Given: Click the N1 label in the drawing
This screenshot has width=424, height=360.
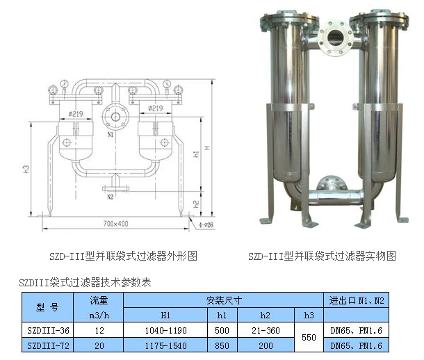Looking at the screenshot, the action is click(x=111, y=134).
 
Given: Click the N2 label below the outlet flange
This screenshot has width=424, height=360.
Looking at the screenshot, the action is click(x=110, y=197).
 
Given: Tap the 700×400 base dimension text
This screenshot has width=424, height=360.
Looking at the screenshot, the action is click(x=116, y=224).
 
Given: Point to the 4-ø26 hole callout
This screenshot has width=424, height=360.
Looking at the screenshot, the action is click(x=206, y=224).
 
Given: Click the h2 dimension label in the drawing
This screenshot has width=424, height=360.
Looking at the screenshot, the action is click(x=197, y=204).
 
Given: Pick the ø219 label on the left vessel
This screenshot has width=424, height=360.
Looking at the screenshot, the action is click(x=76, y=114).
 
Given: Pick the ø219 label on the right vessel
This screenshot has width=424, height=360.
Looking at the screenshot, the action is click(x=156, y=108).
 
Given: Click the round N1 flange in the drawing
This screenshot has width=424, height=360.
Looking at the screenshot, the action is click(x=115, y=117).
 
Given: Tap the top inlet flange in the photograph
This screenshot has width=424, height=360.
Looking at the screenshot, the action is click(x=335, y=38).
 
